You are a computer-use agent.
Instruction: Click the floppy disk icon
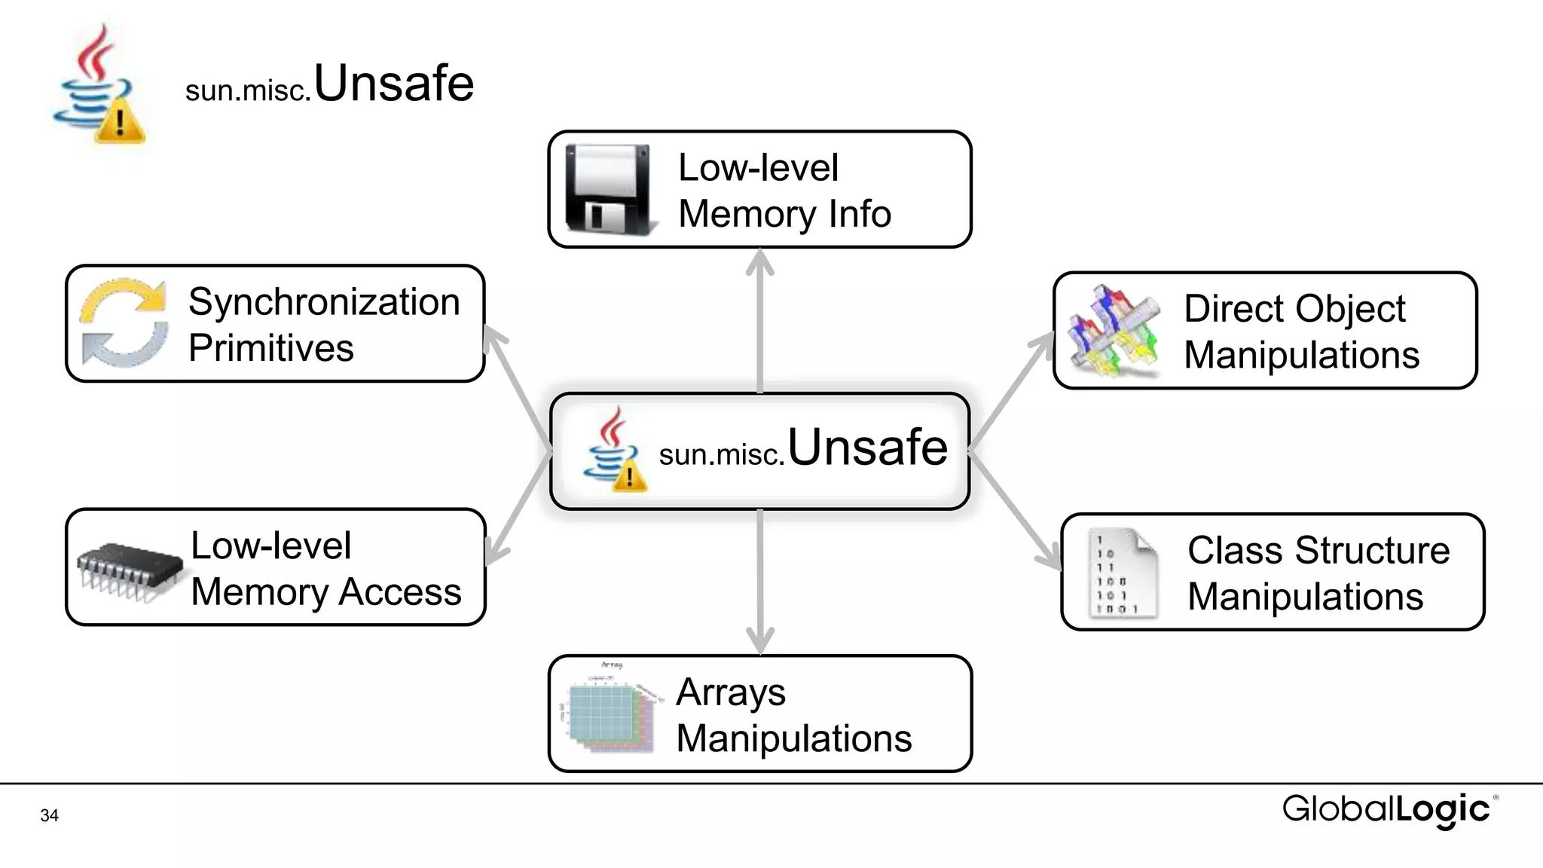tap(609, 189)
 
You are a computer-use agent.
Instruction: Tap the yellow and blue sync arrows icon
tap(124, 322)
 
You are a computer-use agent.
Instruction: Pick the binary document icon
tap(1121, 573)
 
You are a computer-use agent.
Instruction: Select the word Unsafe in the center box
tap(867, 448)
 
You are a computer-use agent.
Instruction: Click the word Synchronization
tap(324, 302)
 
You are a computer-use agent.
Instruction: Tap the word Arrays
tap(730, 692)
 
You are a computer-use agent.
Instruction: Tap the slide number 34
tap(50, 815)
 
